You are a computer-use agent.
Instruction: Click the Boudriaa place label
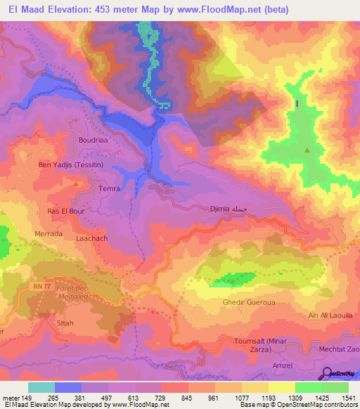coord(93,140)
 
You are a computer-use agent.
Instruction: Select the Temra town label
coord(110,189)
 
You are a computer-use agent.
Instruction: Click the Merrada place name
coord(49,233)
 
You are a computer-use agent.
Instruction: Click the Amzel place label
coord(282,366)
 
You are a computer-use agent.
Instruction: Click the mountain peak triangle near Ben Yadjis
coord(75,183)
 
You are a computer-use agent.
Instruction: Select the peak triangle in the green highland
coord(307,150)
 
